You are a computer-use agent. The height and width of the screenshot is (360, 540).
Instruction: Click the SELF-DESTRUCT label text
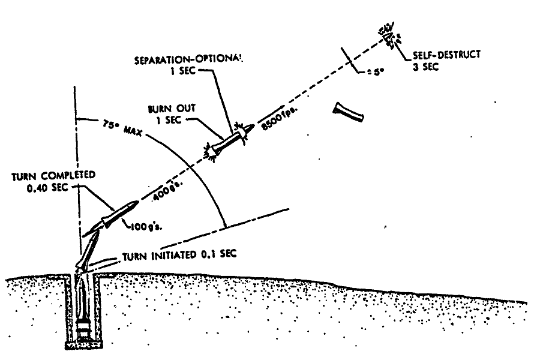click(x=446, y=56)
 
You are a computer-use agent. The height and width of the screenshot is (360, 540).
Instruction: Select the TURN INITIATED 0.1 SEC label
click(x=180, y=254)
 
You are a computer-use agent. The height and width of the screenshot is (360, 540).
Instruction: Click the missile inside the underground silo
click(x=82, y=306)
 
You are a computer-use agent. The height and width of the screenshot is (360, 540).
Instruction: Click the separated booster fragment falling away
click(x=350, y=112)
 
